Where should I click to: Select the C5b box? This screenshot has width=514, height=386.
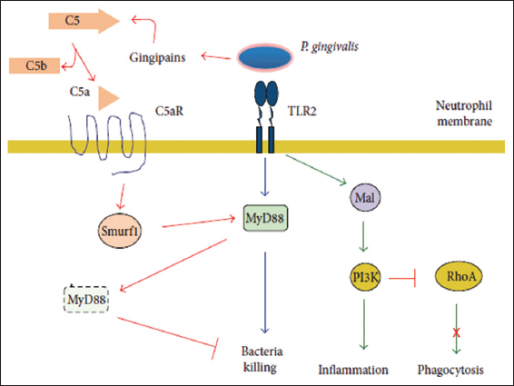pyautogui.click(x=35, y=65)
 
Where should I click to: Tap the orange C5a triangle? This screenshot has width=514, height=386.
pyautogui.click(x=108, y=98)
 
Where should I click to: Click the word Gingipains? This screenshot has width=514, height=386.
pyautogui.click(x=157, y=57)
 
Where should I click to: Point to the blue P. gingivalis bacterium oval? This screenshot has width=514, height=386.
pyautogui.click(x=265, y=57)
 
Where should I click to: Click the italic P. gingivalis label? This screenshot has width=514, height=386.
pyautogui.click(x=330, y=46)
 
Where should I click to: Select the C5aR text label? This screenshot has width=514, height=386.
pyautogui.click(x=169, y=111)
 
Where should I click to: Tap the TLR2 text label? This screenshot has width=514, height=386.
pyautogui.click(x=302, y=111)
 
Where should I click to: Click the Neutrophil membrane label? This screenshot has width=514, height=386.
pyautogui.click(x=464, y=114)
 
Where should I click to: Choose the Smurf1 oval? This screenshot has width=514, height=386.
pyautogui.click(x=120, y=231)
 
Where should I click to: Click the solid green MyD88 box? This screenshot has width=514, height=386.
pyautogui.click(x=265, y=218)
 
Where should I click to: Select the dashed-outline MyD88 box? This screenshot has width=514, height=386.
pyautogui.click(x=86, y=299)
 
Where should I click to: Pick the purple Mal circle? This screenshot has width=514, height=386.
pyautogui.click(x=365, y=197)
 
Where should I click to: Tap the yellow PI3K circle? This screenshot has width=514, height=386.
pyautogui.click(x=365, y=277)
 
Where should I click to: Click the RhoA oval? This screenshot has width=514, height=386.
pyautogui.click(x=459, y=276)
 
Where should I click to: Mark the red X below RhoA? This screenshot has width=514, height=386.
pyautogui.click(x=456, y=333)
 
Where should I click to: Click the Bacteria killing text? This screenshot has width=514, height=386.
pyautogui.click(x=262, y=359)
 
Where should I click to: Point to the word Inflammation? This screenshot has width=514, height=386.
pyautogui.click(x=353, y=370)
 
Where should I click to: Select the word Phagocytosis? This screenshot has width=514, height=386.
pyautogui.click(x=450, y=370)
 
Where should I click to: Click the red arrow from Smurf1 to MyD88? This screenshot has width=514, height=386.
pyautogui.click(x=199, y=223)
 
